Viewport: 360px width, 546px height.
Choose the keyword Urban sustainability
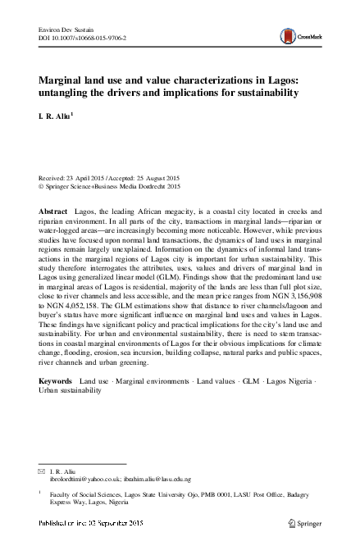coord(70,392)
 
